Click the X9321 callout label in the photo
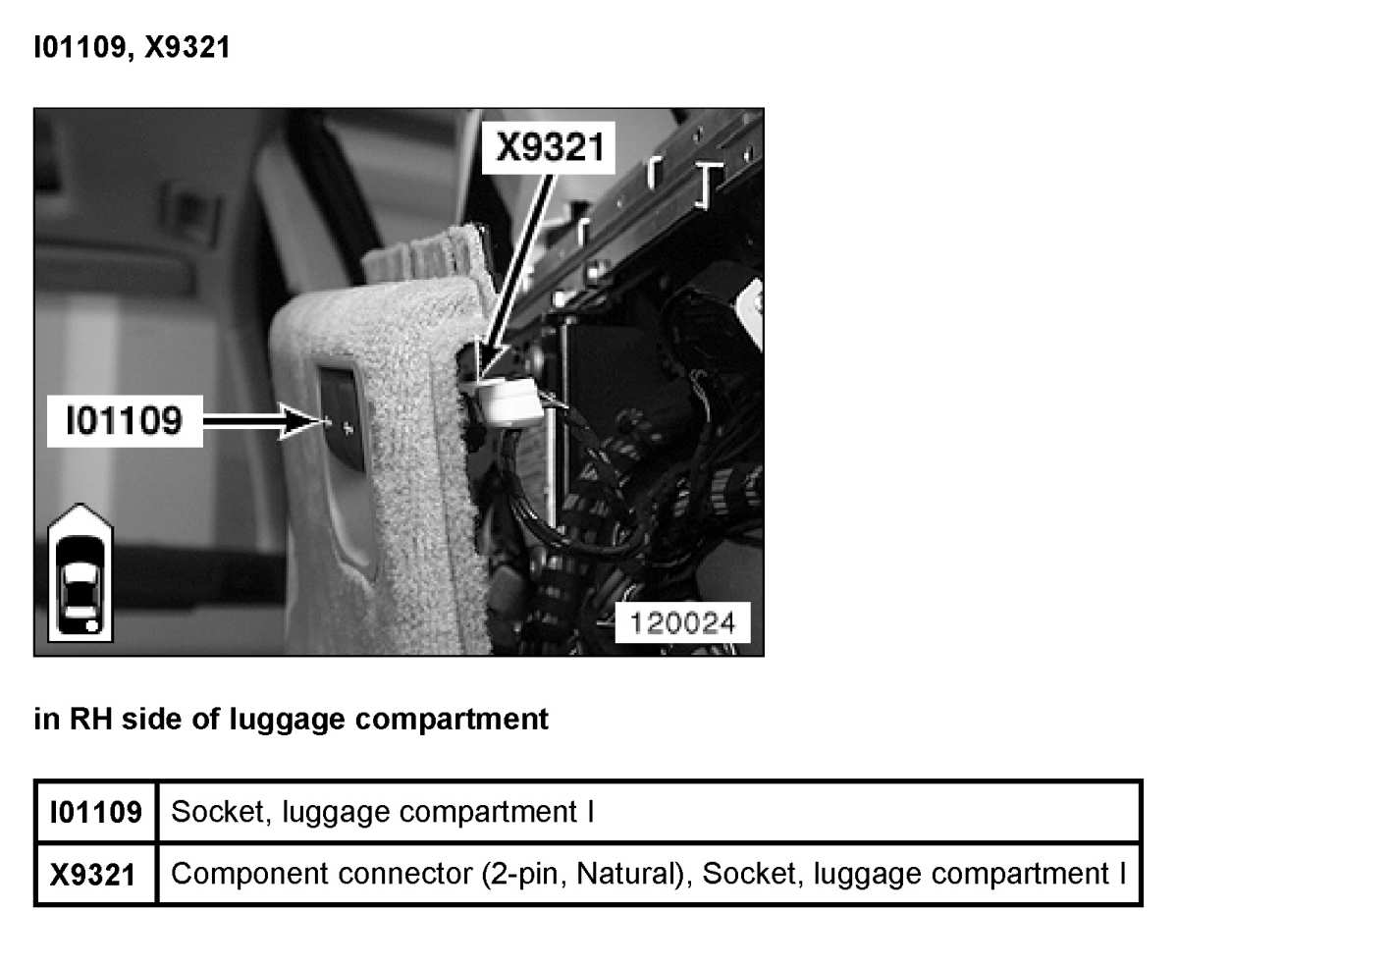click(549, 147)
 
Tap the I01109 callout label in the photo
click(124, 421)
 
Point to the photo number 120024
click(682, 622)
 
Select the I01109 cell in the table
click(95, 813)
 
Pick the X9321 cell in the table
click(92, 874)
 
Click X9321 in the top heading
click(187, 47)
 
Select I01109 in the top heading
click(79, 47)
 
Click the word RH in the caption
click(90, 720)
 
